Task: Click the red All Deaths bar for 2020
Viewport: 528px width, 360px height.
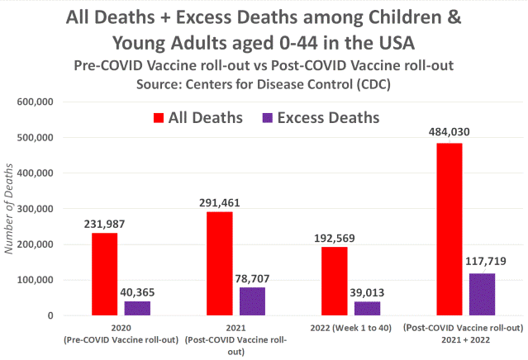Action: coord(104,274)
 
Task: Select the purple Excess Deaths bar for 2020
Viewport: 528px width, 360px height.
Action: coord(137,308)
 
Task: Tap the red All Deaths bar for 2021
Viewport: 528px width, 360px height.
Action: coord(219,263)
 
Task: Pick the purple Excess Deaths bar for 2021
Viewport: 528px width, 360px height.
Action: coord(252,301)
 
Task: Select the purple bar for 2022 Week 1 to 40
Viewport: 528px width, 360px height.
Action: coord(367,308)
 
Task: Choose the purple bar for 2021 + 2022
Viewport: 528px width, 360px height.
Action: coord(482,294)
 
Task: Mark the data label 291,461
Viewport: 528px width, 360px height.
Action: coord(219,201)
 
